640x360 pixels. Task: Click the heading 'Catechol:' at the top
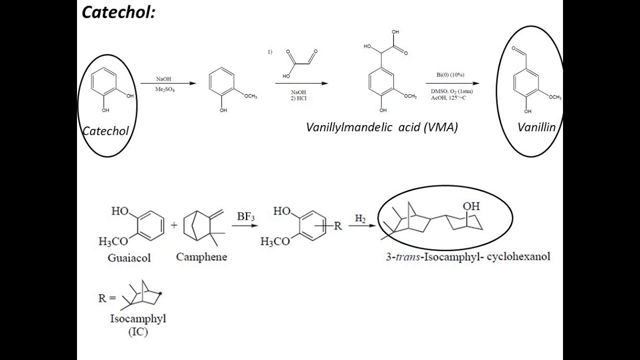(119, 12)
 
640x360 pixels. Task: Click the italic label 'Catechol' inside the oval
(105, 131)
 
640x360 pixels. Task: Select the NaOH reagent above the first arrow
(163, 79)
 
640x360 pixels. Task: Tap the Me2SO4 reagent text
(165, 89)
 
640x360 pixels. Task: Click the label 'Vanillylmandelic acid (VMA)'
(382, 127)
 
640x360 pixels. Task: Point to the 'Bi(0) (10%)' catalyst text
(450, 75)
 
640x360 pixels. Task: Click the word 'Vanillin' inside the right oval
(536, 127)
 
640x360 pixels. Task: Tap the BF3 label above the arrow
(246, 216)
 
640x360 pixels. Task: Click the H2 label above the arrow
(360, 218)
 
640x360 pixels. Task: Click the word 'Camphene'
(201, 257)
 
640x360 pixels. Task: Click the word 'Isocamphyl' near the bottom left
(138, 319)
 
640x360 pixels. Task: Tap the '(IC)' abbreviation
(138, 331)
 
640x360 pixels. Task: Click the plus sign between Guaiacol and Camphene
(174, 225)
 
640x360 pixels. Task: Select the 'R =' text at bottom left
(107, 298)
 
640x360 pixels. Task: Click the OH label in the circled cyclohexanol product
(470, 206)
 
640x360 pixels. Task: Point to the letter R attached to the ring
(338, 226)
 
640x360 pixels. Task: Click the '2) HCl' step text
(298, 98)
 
